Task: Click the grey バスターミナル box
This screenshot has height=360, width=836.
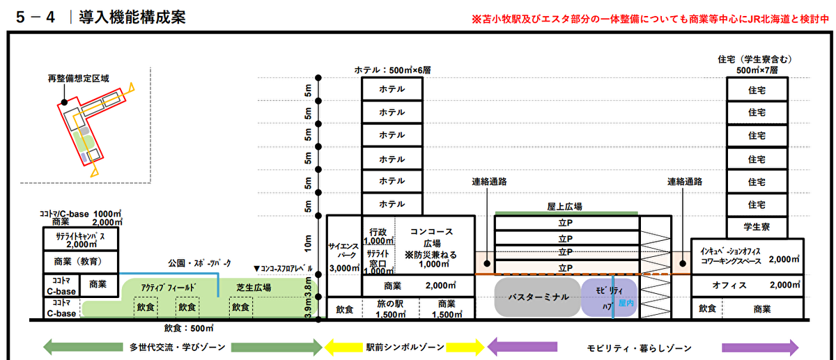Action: click(x=536, y=297)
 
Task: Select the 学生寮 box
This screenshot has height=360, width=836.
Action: click(x=757, y=227)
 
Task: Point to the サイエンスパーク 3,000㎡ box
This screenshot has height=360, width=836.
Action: click(x=343, y=255)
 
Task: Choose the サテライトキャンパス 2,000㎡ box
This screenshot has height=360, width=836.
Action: click(x=80, y=240)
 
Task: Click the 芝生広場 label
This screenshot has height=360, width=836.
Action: click(x=253, y=288)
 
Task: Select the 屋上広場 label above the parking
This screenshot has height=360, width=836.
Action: click(x=565, y=206)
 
